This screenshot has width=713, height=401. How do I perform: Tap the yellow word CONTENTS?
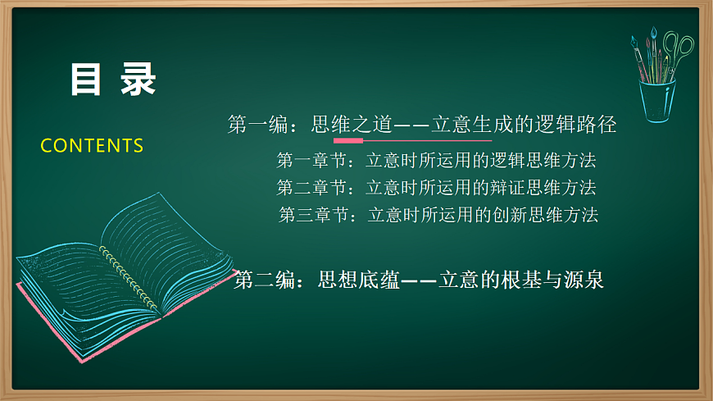point(92,146)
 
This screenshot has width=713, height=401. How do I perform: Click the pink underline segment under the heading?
point(347,140)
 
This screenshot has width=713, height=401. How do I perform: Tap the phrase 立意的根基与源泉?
point(521,280)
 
